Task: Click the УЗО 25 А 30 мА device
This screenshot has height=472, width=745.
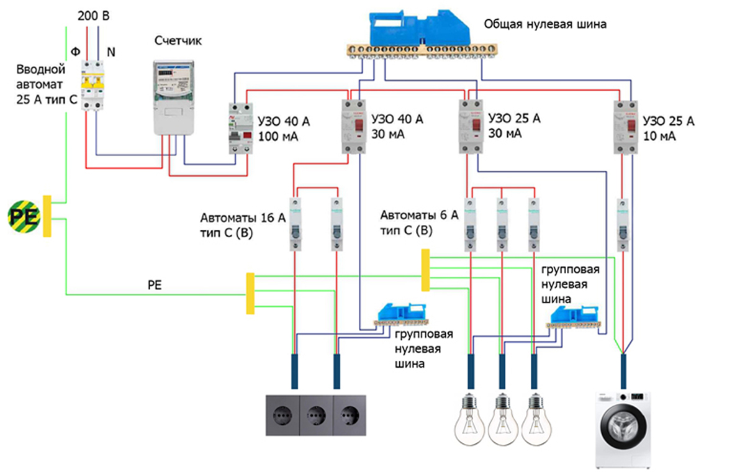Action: [x=472, y=127]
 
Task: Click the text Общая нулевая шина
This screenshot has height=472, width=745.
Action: [x=545, y=25]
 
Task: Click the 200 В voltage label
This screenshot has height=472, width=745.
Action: [x=94, y=16]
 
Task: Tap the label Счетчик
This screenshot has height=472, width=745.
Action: [x=178, y=42]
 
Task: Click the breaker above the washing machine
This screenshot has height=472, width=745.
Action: [x=623, y=224]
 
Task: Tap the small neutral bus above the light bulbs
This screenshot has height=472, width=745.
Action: [x=574, y=317]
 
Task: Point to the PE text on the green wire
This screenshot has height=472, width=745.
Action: [x=155, y=285]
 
